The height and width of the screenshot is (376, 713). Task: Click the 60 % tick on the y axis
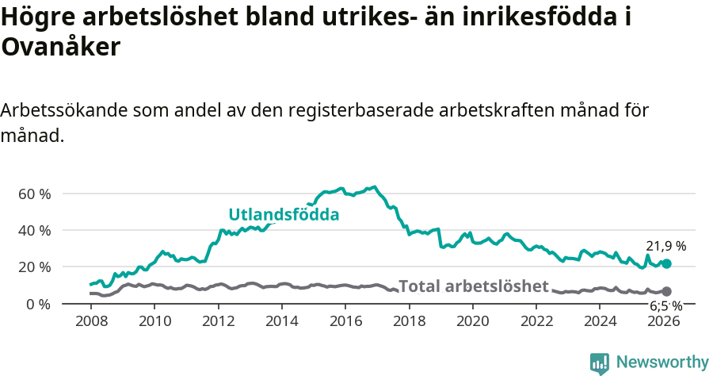coord(33,194)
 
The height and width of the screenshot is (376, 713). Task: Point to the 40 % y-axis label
coord(33,230)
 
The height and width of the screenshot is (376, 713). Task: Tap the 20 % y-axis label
coord(33,267)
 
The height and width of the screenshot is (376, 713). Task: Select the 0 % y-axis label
coord(37,304)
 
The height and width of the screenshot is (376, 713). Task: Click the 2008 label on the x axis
coord(91,321)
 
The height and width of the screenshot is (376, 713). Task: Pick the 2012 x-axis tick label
coord(218,321)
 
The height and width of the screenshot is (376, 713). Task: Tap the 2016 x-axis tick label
coord(345,321)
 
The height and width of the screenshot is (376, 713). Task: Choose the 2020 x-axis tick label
coord(472,321)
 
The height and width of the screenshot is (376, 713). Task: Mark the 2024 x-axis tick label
coord(600,321)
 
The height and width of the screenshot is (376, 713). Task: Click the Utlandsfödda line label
coord(284,214)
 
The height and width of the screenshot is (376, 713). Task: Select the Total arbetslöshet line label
coord(473,286)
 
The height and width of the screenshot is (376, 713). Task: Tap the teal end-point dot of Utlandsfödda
coord(666,263)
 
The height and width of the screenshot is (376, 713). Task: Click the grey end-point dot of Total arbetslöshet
coord(666,292)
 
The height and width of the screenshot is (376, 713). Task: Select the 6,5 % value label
coord(665,305)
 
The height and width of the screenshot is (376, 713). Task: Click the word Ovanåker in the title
coord(60,48)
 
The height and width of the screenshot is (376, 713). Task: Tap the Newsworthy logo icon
coord(600,363)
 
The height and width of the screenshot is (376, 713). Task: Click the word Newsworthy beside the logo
coord(662,363)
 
